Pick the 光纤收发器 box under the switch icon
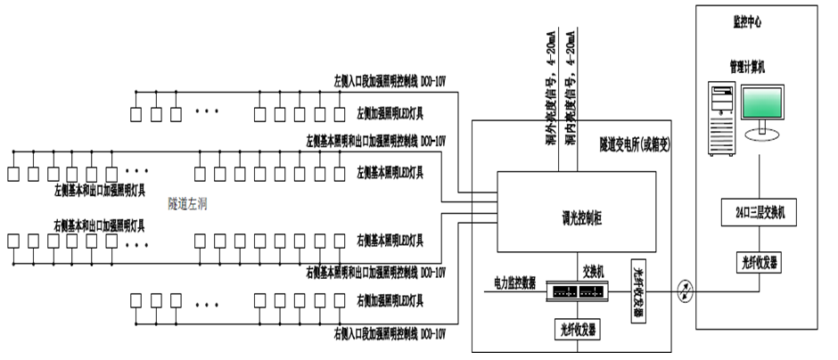point(577,327)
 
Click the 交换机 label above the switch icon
point(596,270)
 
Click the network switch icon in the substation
point(577,291)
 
